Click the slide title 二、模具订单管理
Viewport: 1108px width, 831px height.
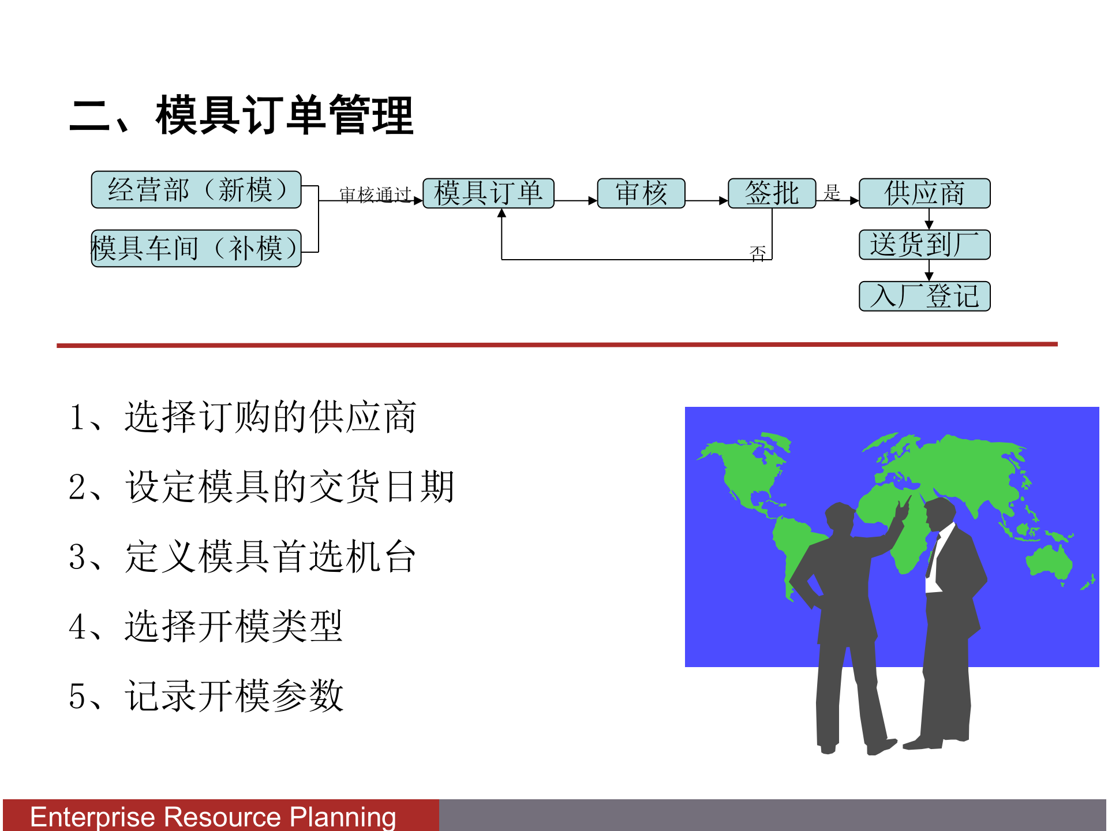[x=241, y=115]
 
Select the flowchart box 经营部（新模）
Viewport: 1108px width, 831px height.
[x=196, y=189]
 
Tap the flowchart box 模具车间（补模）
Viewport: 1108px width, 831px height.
[x=196, y=248]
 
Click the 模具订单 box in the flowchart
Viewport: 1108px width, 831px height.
[x=488, y=193]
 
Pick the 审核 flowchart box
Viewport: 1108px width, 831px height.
[x=641, y=193]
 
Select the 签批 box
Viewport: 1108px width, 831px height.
[x=772, y=193]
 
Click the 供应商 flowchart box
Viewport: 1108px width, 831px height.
[x=924, y=193]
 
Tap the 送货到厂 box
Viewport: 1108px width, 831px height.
[x=924, y=244]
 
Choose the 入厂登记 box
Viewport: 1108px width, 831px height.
[x=924, y=296]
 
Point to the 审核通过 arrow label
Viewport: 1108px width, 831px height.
[x=375, y=195]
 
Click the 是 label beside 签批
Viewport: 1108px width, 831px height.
[x=832, y=192]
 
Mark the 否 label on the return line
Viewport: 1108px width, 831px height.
[x=758, y=253]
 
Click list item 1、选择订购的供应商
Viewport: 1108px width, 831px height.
[x=242, y=417]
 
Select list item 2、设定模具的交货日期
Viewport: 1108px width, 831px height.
[x=261, y=486]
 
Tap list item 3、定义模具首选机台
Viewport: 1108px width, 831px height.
[x=242, y=556]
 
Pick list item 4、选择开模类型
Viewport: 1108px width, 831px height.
[x=205, y=626]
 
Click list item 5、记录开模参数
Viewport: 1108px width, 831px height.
[x=205, y=696]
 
